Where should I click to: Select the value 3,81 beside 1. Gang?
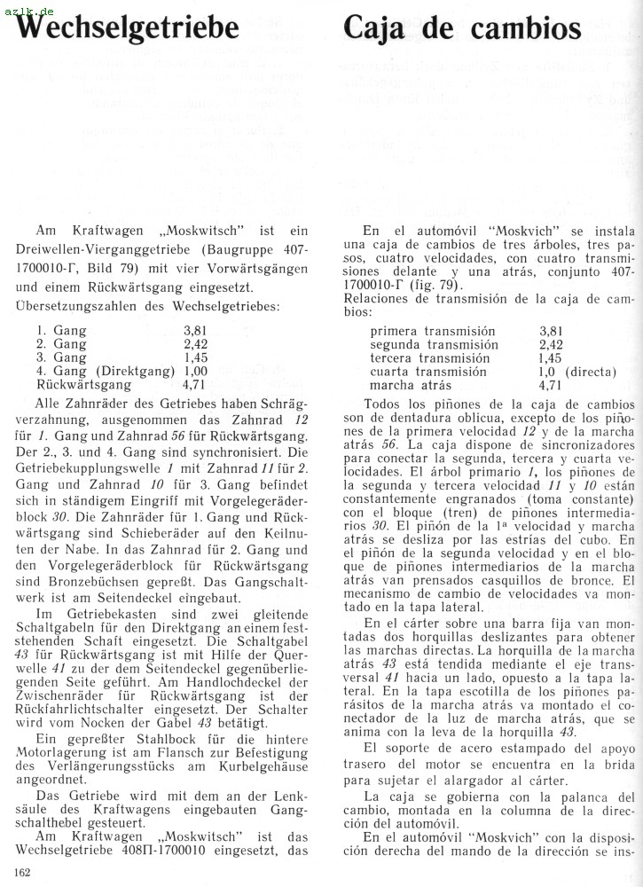coord(195,331)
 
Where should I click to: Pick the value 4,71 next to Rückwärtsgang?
coord(195,385)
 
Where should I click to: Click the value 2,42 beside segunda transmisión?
coord(551,344)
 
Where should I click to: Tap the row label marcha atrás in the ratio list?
coord(411,385)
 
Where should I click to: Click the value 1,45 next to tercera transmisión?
coord(551,357)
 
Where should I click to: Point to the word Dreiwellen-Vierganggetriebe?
coord(105,249)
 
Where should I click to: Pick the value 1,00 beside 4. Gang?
coord(195,371)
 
